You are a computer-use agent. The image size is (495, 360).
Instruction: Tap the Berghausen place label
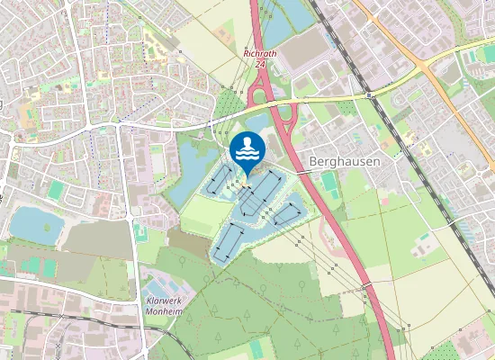344,162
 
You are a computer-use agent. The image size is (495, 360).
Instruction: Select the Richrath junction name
261,53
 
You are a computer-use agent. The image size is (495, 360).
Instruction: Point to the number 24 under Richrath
261,64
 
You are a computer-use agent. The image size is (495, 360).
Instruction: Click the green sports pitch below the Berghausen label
330,183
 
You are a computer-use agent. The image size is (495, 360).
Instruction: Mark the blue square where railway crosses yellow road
369,93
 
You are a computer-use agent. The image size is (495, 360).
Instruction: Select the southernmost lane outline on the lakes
230,240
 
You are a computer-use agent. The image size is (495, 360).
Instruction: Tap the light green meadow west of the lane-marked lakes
200,216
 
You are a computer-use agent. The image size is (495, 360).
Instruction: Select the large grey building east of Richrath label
301,49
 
